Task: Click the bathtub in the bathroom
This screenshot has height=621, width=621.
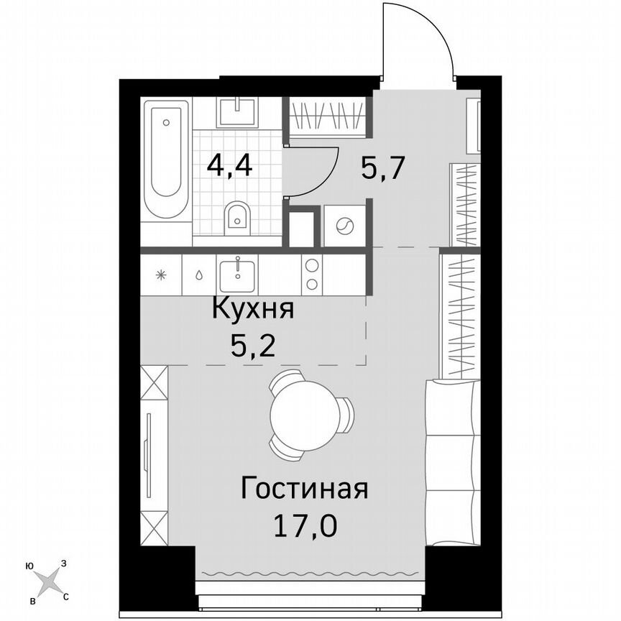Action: pos(166,158)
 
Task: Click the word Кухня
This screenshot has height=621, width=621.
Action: pos(252,310)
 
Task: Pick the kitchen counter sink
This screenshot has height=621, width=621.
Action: pos(237,274)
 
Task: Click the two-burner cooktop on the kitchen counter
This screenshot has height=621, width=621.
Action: pos(313,274)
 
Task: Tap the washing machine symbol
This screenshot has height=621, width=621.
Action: pos(342,226)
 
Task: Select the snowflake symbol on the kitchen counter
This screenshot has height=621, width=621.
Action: pos(162,275)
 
